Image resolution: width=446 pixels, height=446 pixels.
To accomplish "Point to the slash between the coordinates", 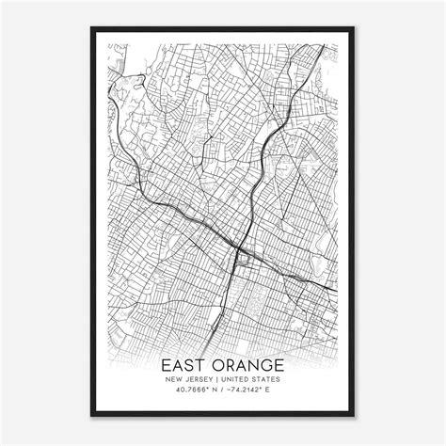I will pos(223,392).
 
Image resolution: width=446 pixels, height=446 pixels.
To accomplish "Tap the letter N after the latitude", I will pos(213,392).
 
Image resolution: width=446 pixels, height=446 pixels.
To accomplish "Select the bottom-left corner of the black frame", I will pos(91,415).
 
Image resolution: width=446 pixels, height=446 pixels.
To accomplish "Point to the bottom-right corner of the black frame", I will pos(355,415).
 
